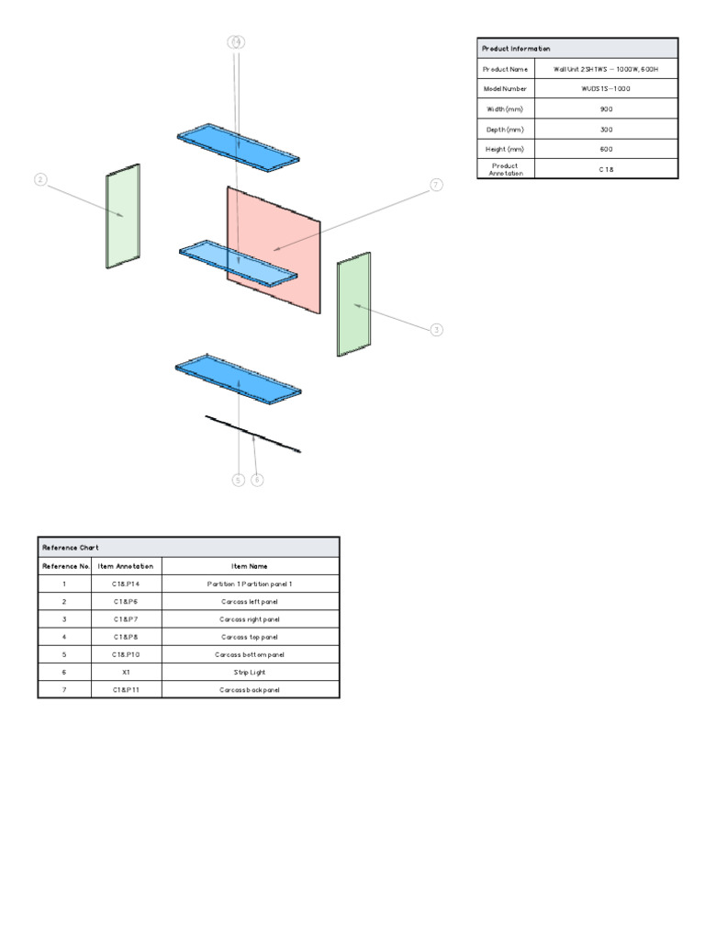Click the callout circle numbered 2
click(40, 179)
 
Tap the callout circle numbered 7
click(437, 185)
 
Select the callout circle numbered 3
click(437, 329)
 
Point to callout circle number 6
click(257, 480)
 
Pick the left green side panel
click(123, 217)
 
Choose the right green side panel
click(354, 304)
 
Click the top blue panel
click(239, 146)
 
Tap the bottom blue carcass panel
click(239, 380)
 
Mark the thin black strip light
click(252, 433)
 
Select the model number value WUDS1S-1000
click(606, 89)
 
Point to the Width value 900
click(606, 109)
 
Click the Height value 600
click(606, 149)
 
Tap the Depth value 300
click(606, 130)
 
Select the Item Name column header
click(250, 566)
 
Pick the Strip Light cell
click(250, 672)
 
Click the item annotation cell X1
click(126, 672)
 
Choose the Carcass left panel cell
click(250, 601)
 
